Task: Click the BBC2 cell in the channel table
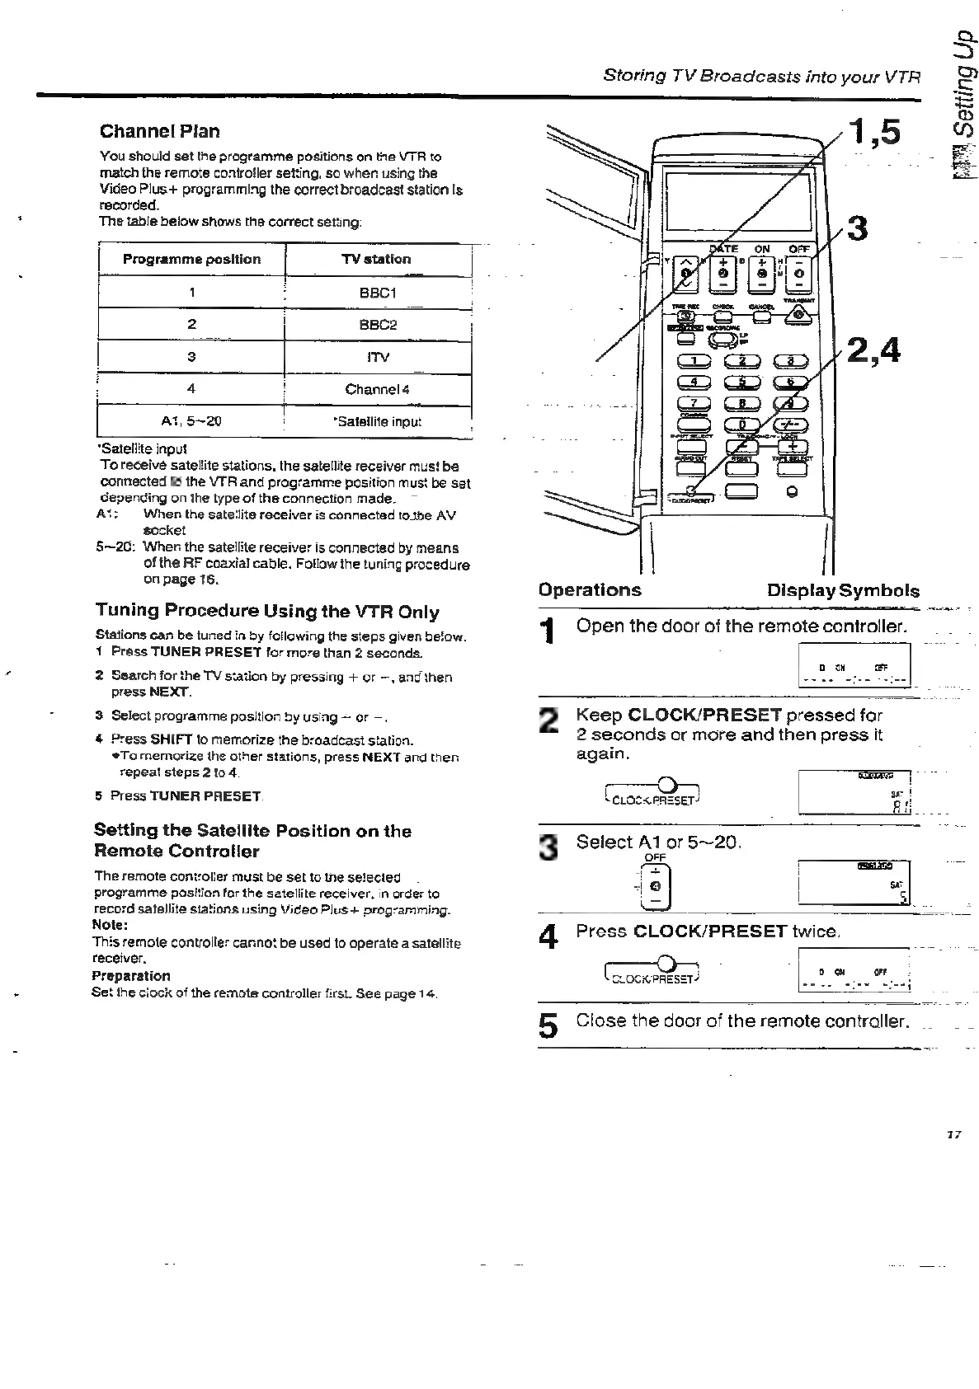pos(378,324)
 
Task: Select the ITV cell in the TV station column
pos(378,357)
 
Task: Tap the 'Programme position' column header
pos(191,259)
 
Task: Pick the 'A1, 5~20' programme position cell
pos(191,421)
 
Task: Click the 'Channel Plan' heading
pos(159,131)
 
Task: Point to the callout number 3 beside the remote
pos(858,228)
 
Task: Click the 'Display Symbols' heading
pos(842,590)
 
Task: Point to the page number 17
pos(954,1134)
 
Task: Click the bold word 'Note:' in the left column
pos(110,925)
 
